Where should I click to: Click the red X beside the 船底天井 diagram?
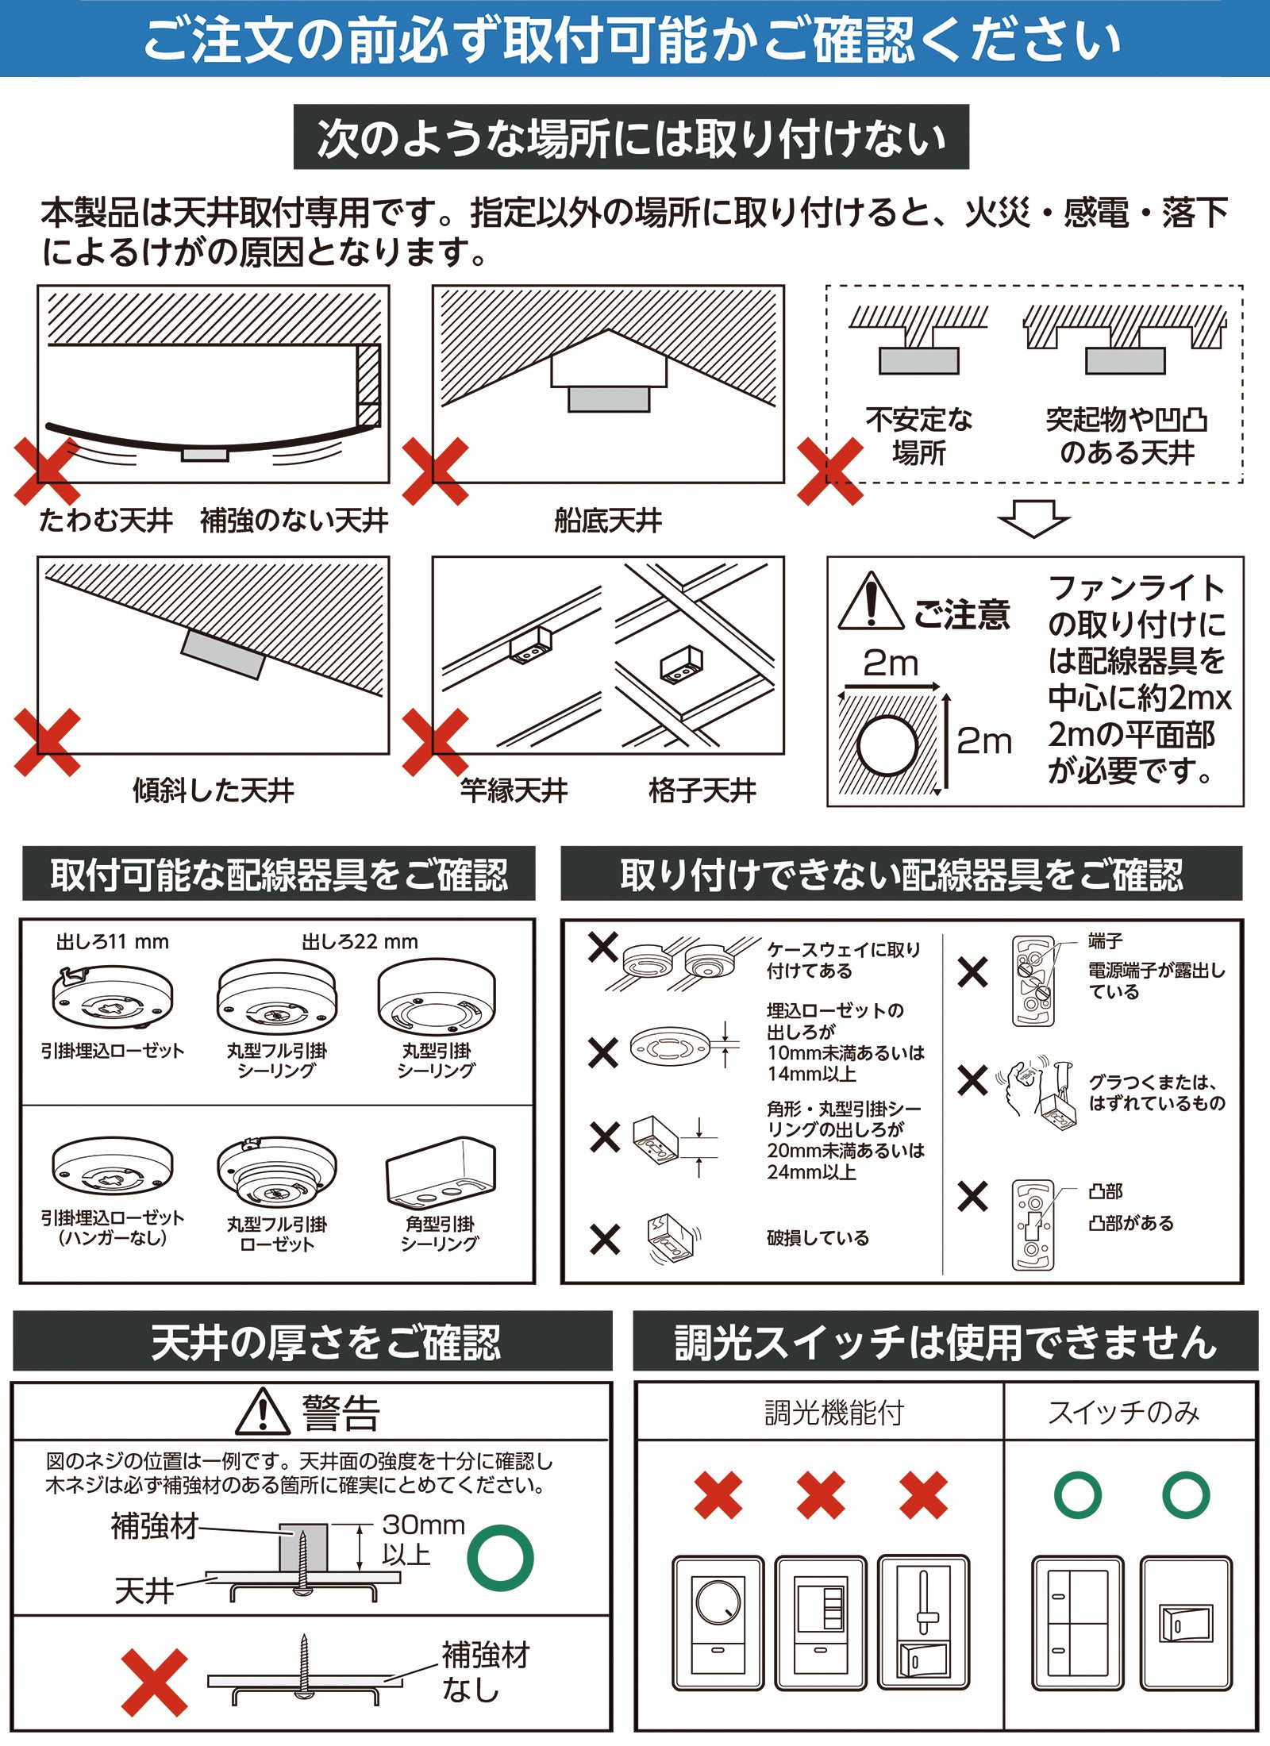point(435,471)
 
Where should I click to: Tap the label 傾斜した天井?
point(213,790)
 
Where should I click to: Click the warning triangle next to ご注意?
point(871,602)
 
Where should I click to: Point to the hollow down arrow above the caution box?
point(1033,518)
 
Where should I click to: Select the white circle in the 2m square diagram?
point(887,746)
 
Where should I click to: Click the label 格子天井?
point(702,790)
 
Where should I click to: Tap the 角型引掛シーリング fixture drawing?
point(441,1171)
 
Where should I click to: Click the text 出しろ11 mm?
point(112,942)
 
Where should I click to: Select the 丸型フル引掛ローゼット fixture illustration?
point(276,1174)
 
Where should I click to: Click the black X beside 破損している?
point(605,1239)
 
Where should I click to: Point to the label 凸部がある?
point(1130,1223)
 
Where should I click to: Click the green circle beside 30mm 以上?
point(500,1558)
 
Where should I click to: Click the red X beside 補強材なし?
point(155,1683)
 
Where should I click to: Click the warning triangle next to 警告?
point(263,1411)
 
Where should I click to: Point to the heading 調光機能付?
point(834,1413)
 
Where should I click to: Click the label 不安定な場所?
point(918,436)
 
